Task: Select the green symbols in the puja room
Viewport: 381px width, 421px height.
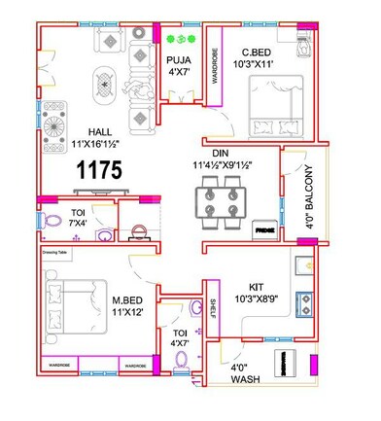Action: click(176, 40)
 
